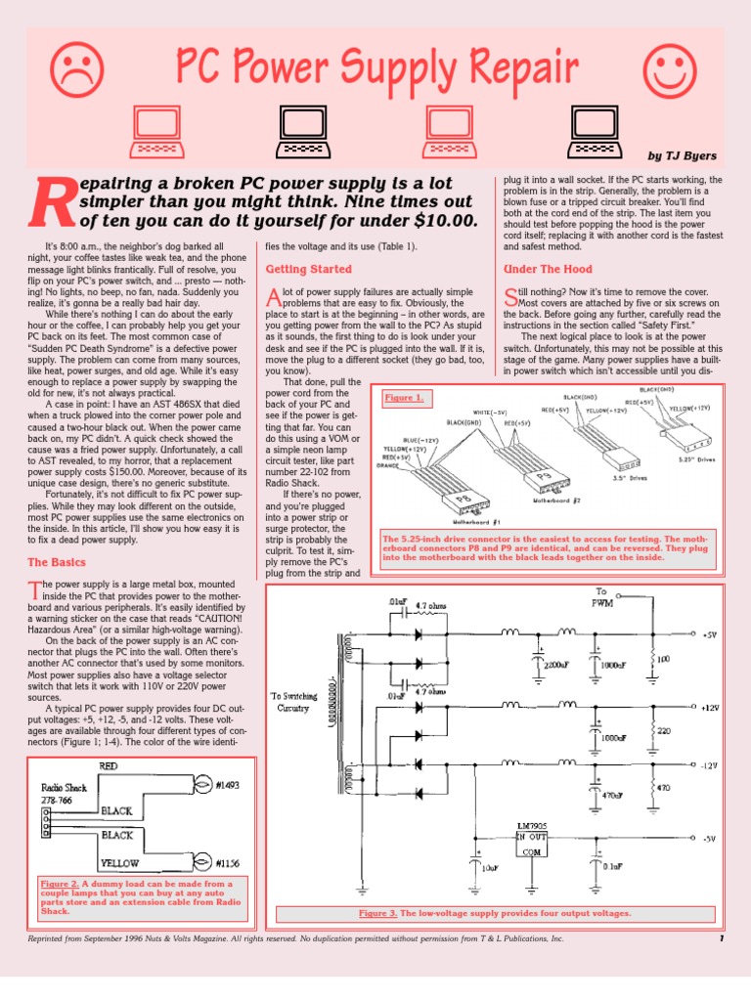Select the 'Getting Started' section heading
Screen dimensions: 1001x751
pyautogui.click(x=309, y=269)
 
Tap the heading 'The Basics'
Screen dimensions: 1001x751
pyautogui.click(x=57, y=562)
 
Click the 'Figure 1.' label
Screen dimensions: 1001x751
pyautogui.click(x=405, y=398)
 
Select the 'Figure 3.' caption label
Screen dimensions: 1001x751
pyautogui.click(x=377, y=913)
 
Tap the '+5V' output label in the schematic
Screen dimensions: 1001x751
pyautogui.click(x=709, y=634)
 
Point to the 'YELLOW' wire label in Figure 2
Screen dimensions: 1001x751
pyautogui.click(x=118, y=863)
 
